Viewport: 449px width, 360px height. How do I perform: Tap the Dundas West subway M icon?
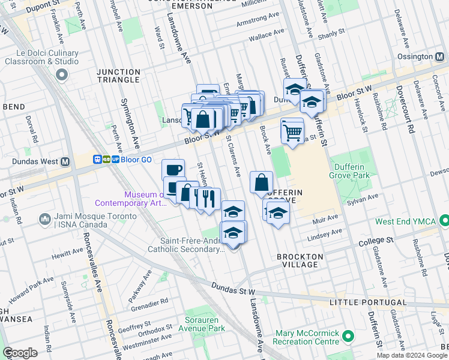65,161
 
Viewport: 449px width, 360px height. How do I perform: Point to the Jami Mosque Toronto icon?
44,220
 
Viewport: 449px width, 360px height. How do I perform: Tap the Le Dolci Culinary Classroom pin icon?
61,75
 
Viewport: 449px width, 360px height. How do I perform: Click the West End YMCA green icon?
444,221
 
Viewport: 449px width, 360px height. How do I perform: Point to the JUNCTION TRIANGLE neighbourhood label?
118,76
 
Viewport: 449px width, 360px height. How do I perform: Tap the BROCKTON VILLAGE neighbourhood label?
300,260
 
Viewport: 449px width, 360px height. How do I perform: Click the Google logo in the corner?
20,353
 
